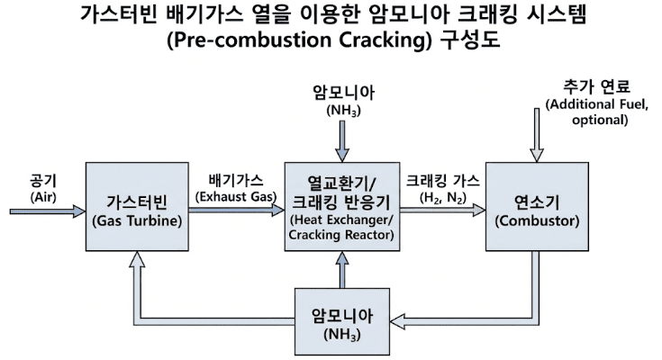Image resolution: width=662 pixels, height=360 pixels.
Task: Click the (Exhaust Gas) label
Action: pyautogui.click(x=236, y=195)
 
